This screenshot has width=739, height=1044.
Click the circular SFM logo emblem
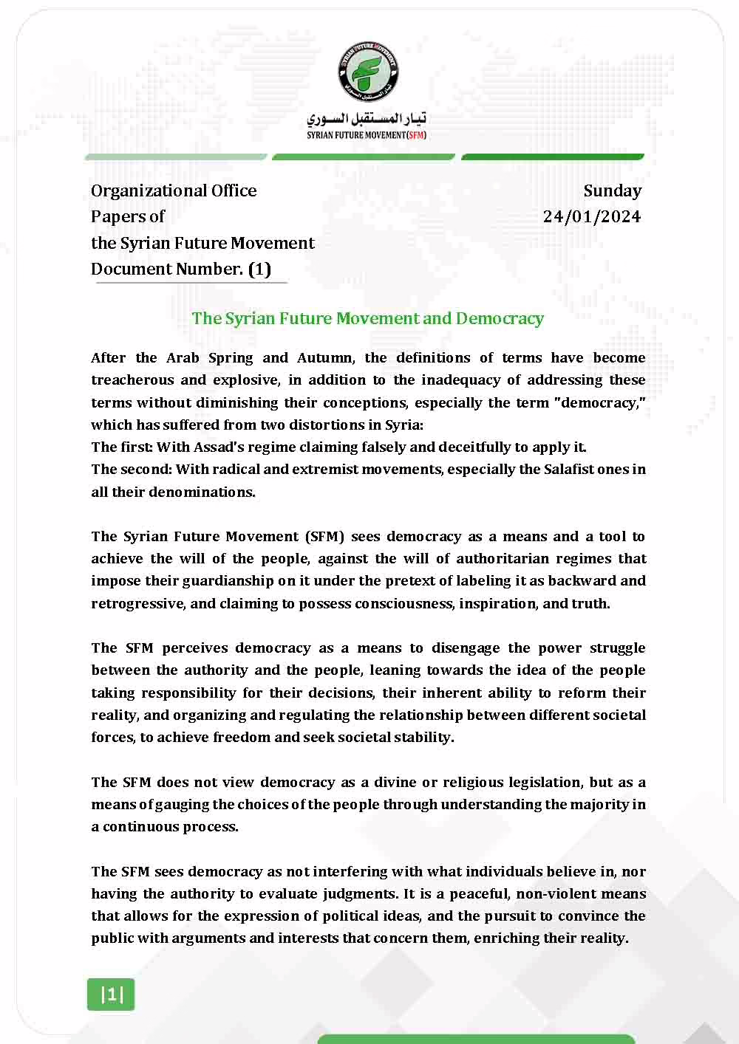[x=367, y=72]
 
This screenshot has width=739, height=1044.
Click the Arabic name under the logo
[x=367, y=118]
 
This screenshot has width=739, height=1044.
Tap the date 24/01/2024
[x=591, y=216]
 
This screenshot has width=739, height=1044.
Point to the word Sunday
[x=612, y=190]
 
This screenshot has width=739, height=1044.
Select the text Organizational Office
[x=174, y=190]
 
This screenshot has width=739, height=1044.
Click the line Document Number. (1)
[x=181, y=269]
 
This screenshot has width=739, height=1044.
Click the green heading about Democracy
[x=367, y=318]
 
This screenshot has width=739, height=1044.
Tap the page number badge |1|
[x=111, y=995]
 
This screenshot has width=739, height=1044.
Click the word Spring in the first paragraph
[x=231, y=358]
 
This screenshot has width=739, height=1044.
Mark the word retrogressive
[x=137, y=604]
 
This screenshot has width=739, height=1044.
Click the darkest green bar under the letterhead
[x=552, y=157]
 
